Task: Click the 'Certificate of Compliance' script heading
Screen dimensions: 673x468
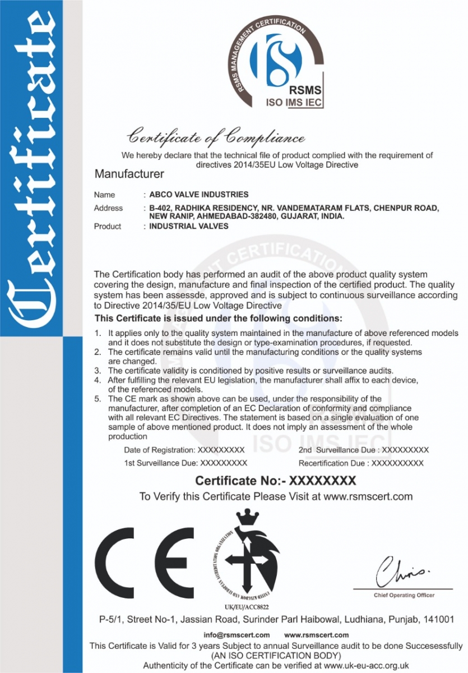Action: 216,137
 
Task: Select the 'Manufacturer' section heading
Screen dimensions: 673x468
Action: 129,174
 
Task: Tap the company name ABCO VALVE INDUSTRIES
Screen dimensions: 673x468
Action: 198,195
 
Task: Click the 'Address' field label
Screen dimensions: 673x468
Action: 108,208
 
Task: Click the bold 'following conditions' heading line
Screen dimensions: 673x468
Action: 218,319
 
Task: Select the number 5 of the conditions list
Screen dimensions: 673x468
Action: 98,399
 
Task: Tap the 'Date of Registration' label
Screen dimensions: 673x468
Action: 159,450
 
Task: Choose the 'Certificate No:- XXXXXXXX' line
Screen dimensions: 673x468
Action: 275,481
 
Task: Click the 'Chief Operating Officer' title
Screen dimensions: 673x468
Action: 404,595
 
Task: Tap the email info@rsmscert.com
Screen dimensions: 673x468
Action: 237,635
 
